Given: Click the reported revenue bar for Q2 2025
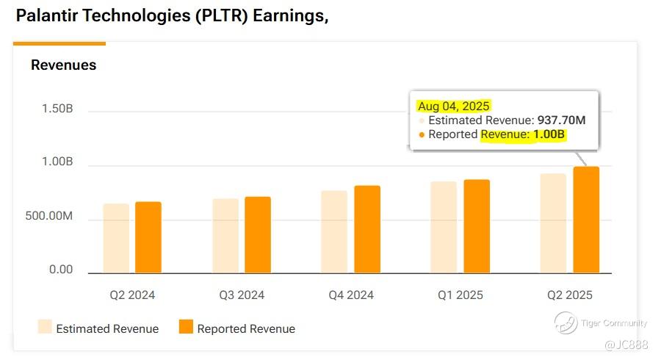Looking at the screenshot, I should click(586, 220).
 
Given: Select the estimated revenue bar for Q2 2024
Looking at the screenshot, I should click(116, 238).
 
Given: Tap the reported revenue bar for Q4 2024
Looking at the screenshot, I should click(367, 229).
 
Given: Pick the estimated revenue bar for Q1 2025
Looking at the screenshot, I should click(444, 227).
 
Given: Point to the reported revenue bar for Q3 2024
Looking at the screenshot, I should click(258, 234).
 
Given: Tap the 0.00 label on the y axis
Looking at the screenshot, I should click(61, 270).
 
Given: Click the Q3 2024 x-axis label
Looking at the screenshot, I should click(242, 295).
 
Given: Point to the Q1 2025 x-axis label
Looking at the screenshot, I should click(460, 295).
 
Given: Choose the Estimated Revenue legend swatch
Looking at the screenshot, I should click(44, 327).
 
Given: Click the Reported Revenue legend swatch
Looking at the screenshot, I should click(186, 327).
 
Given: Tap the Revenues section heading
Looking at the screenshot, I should click(63, 65).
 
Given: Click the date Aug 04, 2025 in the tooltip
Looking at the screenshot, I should click(453, 107).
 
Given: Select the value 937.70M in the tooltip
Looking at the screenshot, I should click(561, 120).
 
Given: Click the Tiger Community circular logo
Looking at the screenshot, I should click(566, 323).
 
